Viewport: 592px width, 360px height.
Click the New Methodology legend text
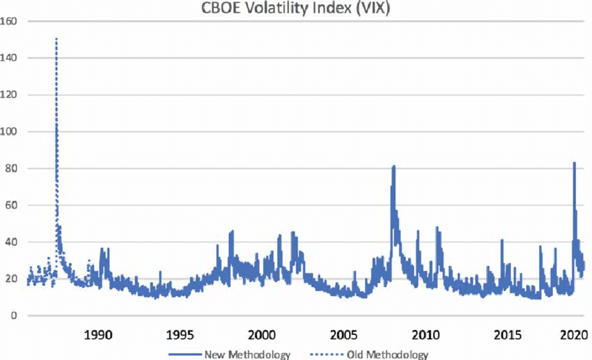(x=247, y=354)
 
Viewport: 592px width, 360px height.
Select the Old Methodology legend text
(x=388, y=354)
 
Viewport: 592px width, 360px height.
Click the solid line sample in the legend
(x=182, y=354)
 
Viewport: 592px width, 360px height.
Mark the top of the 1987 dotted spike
(x=56, y=39)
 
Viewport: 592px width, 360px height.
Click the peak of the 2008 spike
(x=394, y=166)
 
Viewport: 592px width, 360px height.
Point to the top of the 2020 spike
(x=574, y=163)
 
